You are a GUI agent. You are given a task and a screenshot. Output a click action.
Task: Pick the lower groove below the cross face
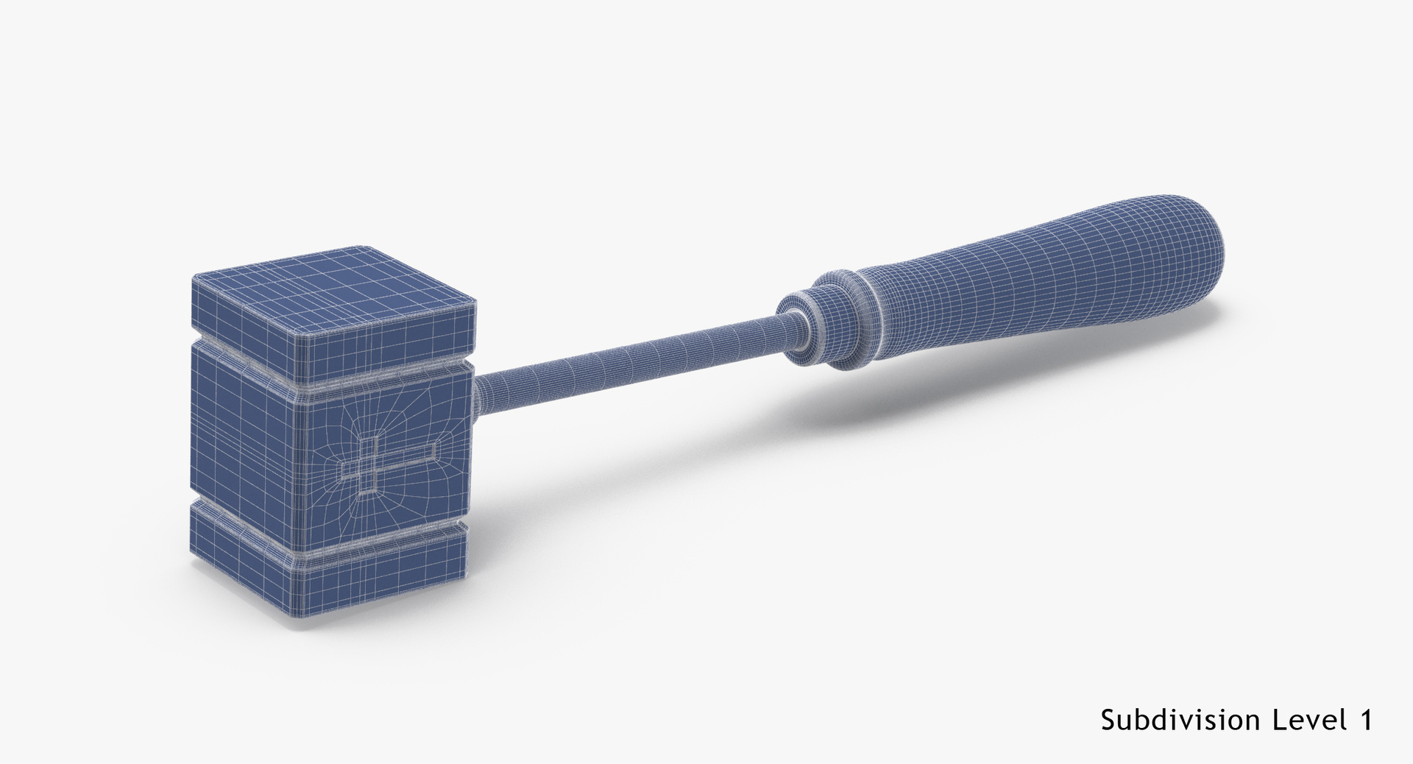pyautogui.click(x=383, y=540)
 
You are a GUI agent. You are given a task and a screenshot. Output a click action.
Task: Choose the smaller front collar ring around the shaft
pyautogui.click(x=798, y=328)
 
